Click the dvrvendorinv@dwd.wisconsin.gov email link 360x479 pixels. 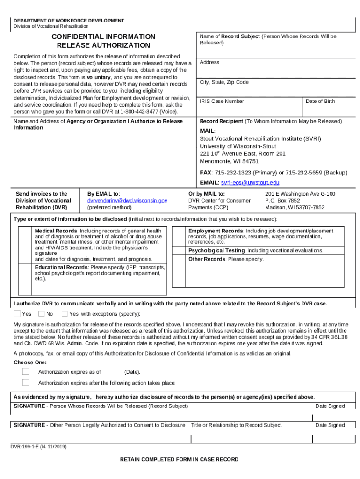click(x=127, y=200)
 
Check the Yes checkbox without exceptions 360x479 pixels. click(x=17, y=313)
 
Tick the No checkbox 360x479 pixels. click(x=42, y=313)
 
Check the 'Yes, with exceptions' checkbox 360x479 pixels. click(x=65, y=313)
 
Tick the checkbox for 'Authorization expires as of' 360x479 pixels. click(x=26, y=371)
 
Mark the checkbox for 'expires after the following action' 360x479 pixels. click(x=26, y=383)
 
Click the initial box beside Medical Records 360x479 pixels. click(x=25, y=245)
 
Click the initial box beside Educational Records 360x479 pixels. click(x=25, y=273)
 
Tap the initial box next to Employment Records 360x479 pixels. click(x=179, y=237)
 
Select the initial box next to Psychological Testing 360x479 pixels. click(x=179, y=251)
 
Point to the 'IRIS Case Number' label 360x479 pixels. click(x=222, y=101)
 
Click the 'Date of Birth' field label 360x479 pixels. click(x=320, y=101)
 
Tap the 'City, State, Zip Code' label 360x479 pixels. click(x=224, y=82)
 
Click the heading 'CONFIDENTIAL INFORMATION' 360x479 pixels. click(x=103, y=36)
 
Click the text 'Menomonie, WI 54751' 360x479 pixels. click(x=229, y=161)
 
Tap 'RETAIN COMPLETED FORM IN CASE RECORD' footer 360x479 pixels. click(x=179, y=459)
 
